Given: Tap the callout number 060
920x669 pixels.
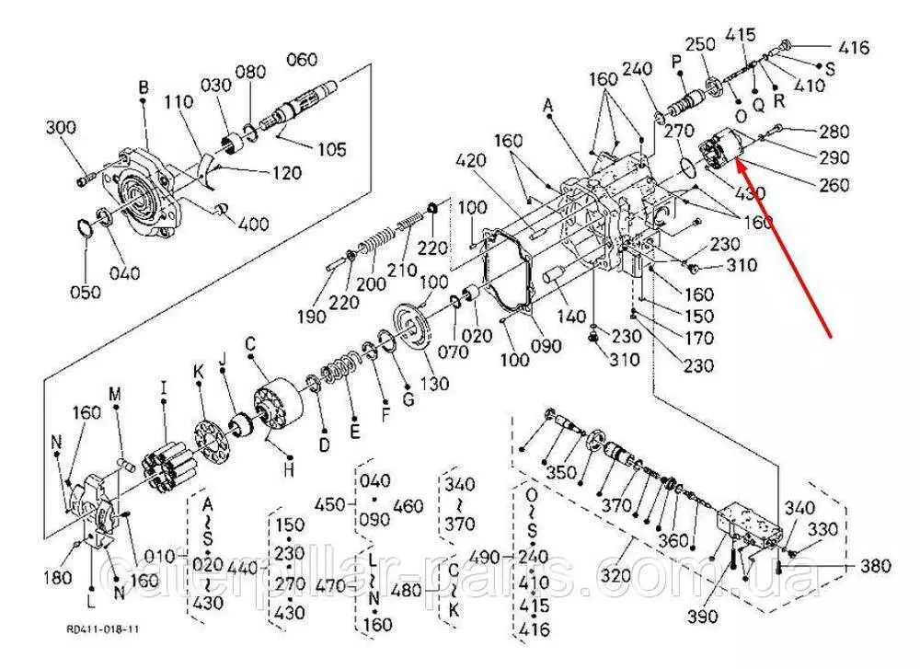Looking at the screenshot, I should [x=301, y=60].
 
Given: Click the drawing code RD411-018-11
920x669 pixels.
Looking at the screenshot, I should [x=102, y=630].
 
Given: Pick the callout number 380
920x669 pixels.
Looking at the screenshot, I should [x=875, y=566].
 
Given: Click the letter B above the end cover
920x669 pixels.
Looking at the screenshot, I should [x=144, y=87].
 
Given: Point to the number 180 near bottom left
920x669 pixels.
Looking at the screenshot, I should [x=57, y=578].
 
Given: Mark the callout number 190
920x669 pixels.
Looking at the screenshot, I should [x=313, y=317].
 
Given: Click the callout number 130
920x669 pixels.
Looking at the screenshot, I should [x=434, y=383].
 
